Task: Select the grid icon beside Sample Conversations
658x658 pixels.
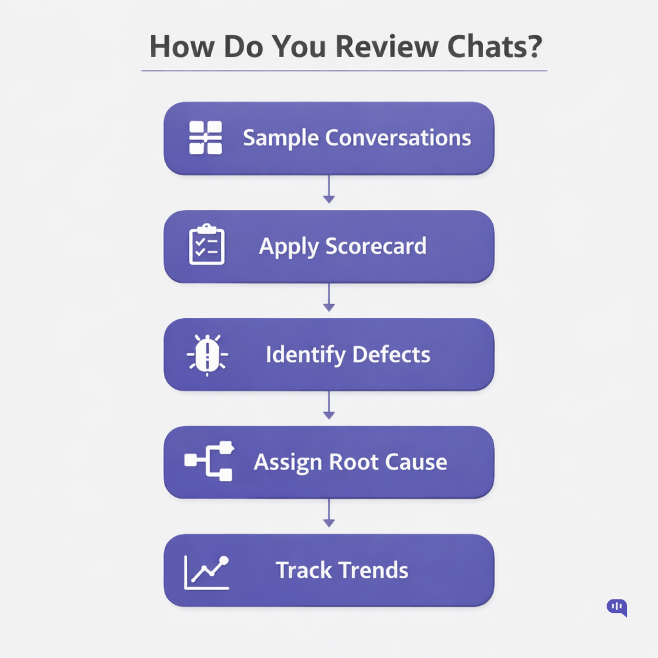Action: pos(206,138)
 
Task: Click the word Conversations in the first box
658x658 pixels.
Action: pos(398,138)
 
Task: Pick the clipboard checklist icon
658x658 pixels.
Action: pos(206,245)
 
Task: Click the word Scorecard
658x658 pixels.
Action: pos(376,246)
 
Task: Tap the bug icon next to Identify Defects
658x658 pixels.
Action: pos(206,353)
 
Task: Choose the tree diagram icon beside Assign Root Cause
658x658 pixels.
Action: pos(209,461)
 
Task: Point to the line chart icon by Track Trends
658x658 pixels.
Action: pos(206,571)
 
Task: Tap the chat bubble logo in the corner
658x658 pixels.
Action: pos(617,607)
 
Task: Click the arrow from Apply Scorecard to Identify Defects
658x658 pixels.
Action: pos(329,298)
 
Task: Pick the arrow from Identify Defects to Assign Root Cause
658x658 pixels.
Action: pos(329,406)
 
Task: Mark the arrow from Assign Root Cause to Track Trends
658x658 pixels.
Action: pos(329,514)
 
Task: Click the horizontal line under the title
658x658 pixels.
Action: pos(344,71)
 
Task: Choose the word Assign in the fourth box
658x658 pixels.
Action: pos(288,462)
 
